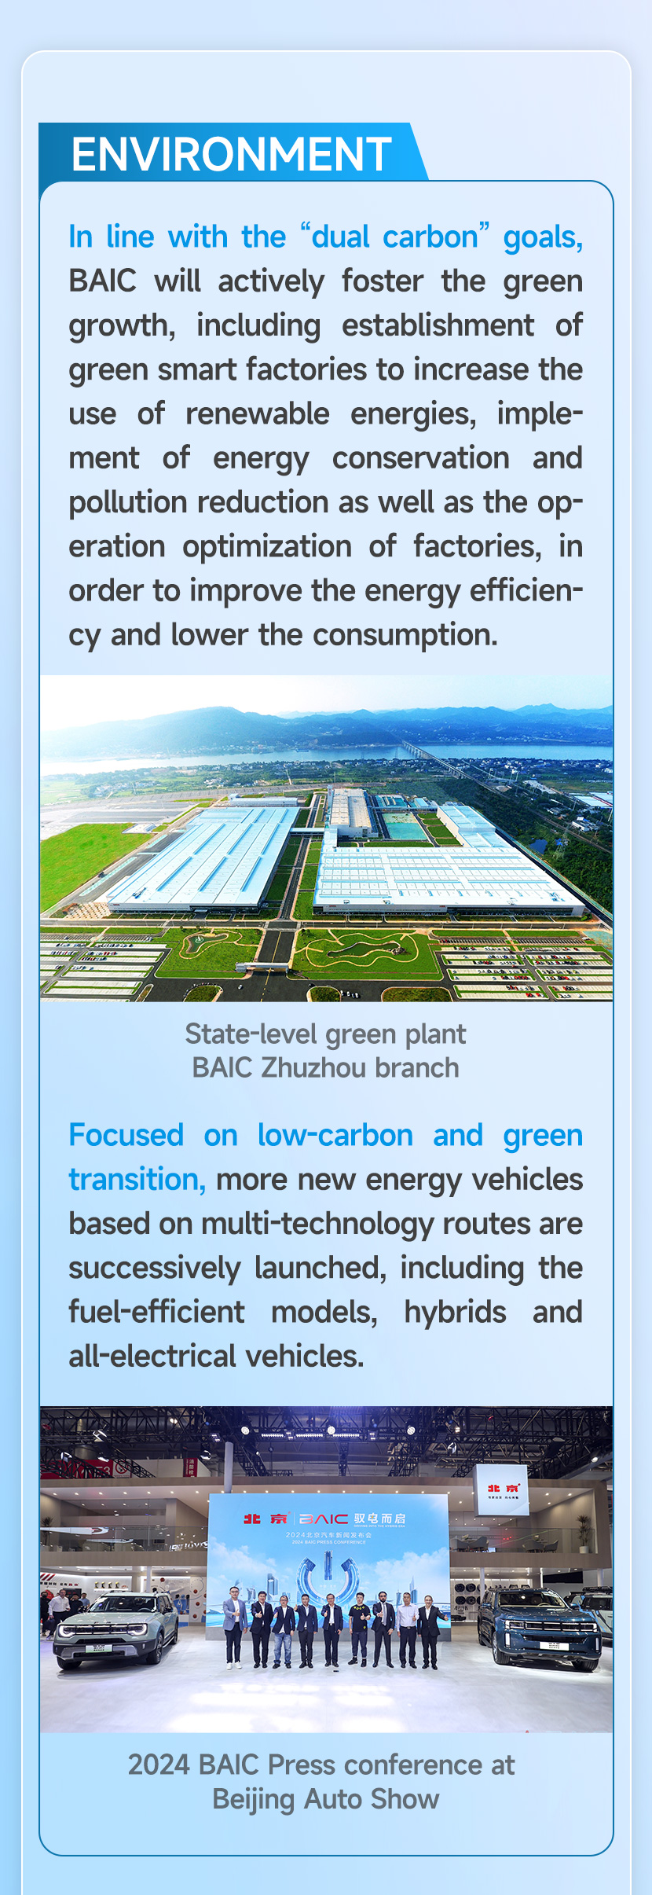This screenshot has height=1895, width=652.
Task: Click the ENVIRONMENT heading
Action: (x=232, y=154)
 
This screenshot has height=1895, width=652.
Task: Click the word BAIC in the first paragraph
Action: (x=103, y=281)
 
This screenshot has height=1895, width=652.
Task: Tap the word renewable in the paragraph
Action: (x=258, y=413)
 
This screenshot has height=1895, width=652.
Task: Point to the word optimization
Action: (x=267, y=547)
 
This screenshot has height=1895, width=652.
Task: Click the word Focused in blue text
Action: (x=126, y=1135)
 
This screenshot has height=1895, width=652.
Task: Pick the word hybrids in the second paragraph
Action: (x=456, y=1312)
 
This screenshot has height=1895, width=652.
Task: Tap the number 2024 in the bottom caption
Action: (x=159, y=1765)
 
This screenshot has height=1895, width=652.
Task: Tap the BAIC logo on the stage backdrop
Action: (x=323, y=1519)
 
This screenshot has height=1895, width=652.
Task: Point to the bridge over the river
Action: (x=440, y=755)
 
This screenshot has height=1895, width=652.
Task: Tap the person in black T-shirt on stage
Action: (x=359, y=1629)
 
